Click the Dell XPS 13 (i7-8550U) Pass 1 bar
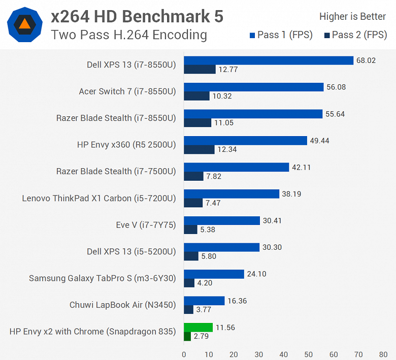click(269, 60)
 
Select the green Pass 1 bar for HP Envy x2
click(199, 328)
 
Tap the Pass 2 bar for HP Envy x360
click(199, 149)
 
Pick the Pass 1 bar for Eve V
click(222, 220)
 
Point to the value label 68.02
click(366, 60)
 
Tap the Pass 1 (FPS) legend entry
click(281, 35)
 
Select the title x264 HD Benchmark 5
click(137, 17)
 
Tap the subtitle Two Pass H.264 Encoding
click(129, 35)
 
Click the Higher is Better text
click(352, 17)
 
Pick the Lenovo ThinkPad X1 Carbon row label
click(99, 198)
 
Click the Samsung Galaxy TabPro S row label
click(103, 278)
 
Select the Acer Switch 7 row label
click(127, 91)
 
